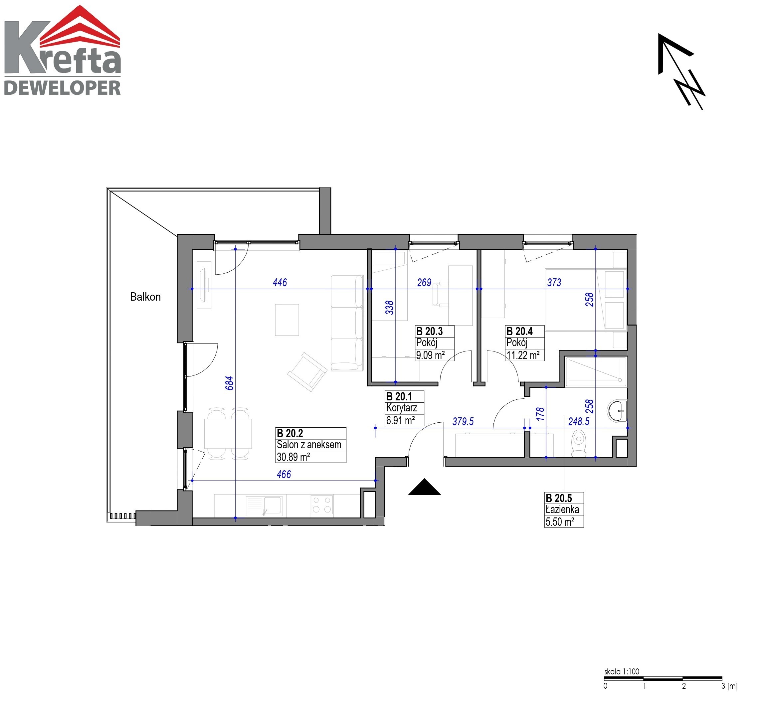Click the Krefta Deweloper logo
pyautogui.click(x=63, y=50)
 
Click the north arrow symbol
pyautogui.click(x=681, y=71)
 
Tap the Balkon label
pyautogui.click(x=145, y=297)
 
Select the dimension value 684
pyautogui.click(x=229, y=383)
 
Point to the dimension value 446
pyautogui.click(x=280, y=282)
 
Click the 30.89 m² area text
pyautogui.click(x=293, y=457)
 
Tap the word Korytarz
pyautogui.click(x=401, y=408)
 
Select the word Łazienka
pyautogui.click(x=562, y=509)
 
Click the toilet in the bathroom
pyautogui.click(x=579, y=443)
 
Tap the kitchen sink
pyautogui.click(x=264, y=506)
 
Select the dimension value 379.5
pyautogui.click(x=463, y=421)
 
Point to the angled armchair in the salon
pyautogui.click(x=307, y=371)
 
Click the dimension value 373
pyautogui.click(x=554, y=282)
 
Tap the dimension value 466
pyautogui.click(x=284, y=474)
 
